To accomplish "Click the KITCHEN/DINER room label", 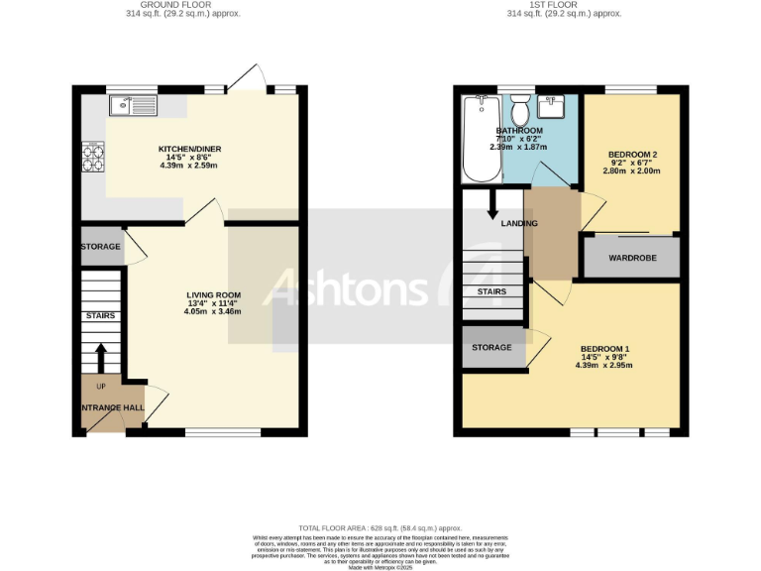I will [x=188, y=150].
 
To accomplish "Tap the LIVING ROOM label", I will [x=213, y=295].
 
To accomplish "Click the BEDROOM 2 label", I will [x=631, y=156].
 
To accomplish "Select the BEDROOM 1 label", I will [x=604, y=349].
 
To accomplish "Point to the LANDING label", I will [x=519, y=223].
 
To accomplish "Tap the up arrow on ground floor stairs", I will [x=100, y=356].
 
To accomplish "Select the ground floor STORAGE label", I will [x=101, y=247].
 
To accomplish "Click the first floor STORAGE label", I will [x=491, y=347].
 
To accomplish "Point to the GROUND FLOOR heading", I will [x=188, y=5].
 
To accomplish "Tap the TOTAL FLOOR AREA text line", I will [x=380, y=528].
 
